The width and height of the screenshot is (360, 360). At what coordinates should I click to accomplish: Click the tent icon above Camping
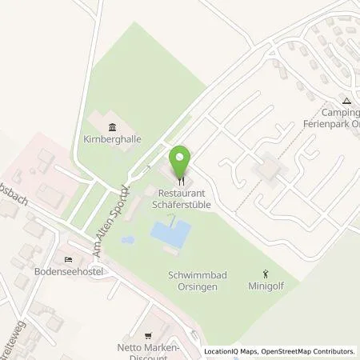(346, 102)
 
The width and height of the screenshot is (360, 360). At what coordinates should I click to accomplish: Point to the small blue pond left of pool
(125, 239)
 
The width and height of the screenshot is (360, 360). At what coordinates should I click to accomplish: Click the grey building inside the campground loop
(267, 169)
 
